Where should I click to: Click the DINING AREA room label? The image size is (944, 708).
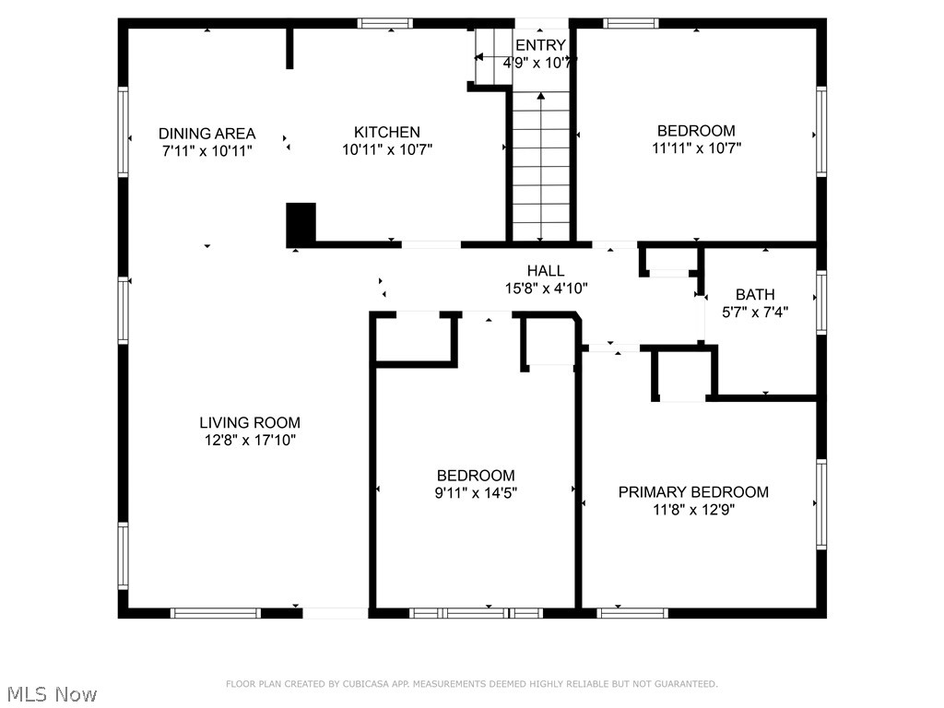pyautogui.click(x=206, y=133)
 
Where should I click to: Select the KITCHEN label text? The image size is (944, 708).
pyautogui.click(x=387, y=132)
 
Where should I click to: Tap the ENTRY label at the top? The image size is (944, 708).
pyautogui.click(x=540, y=45)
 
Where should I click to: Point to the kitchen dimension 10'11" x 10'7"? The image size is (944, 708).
pyautogui.click(x=387, y=148)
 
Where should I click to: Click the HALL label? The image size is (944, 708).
pyautogui.click(x=546, y=270)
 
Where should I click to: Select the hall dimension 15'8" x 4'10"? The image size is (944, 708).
pyautogui.click(x=546, y=288)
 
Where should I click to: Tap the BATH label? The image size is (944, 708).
pyautogui.click(x=755, y=294)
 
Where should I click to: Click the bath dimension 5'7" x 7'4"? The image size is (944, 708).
pyautogui.click(x=755, y=312)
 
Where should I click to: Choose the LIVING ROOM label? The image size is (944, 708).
pyautogui.click(x=250, y=422)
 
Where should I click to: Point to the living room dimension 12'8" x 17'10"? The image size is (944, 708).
pyautogui.click(x=250, y=440)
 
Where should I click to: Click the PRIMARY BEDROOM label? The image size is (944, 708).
pyautogui.click(x=693, y=491)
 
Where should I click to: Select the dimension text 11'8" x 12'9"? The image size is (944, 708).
pyautogui.click(x=693, y=509)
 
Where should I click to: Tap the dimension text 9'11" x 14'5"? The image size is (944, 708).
pyautogui.click(x=476, y=492)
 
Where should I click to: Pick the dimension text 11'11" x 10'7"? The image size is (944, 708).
pyautogui.click(x=696, y=147)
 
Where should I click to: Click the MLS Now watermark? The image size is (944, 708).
pyautogui.click(x=52, y=693)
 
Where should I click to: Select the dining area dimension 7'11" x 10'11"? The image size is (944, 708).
pyautogui.click(x=206, y=149)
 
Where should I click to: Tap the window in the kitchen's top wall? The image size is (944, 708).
pyautogui.click(x=385, y=23)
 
